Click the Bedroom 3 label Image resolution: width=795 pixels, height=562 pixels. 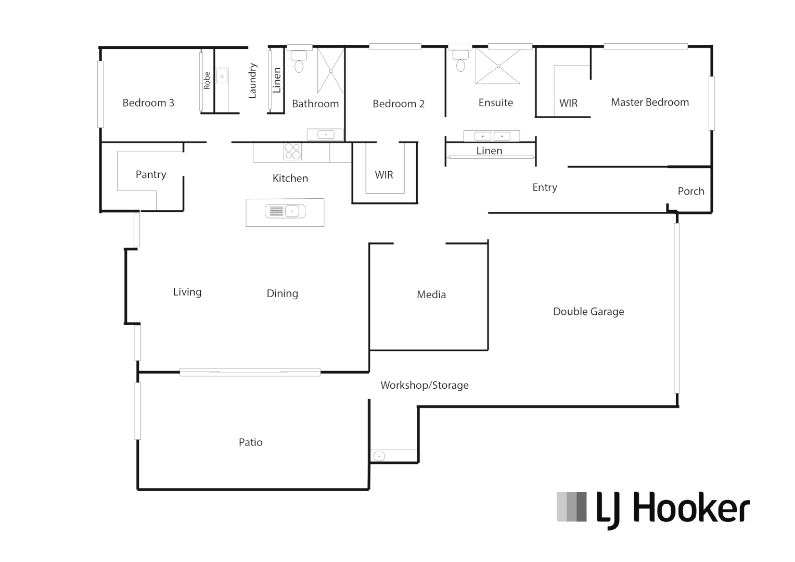148,103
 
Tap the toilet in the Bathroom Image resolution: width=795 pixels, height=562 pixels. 299,61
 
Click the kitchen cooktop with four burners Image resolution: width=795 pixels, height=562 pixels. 292,151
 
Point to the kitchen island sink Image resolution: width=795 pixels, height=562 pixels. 285,211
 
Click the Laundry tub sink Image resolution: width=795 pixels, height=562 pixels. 222,76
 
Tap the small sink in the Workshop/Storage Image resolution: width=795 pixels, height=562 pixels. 379,456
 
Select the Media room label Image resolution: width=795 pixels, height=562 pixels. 431,295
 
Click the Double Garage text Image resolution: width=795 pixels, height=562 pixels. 588,312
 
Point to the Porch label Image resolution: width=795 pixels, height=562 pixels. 691,191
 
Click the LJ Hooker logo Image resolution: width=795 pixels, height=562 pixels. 653,508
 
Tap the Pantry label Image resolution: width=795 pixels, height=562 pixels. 151,174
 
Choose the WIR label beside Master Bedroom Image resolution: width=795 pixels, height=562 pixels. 568,103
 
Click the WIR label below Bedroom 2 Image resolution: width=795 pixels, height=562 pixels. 384,175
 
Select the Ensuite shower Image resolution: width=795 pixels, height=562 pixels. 498,66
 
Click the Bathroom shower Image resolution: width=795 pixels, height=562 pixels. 330,70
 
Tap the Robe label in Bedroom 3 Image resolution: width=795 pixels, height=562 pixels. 207,81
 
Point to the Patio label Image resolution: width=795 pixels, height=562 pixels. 250,442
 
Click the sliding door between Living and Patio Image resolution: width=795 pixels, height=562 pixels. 250,372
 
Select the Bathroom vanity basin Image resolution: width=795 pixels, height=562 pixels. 326,135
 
